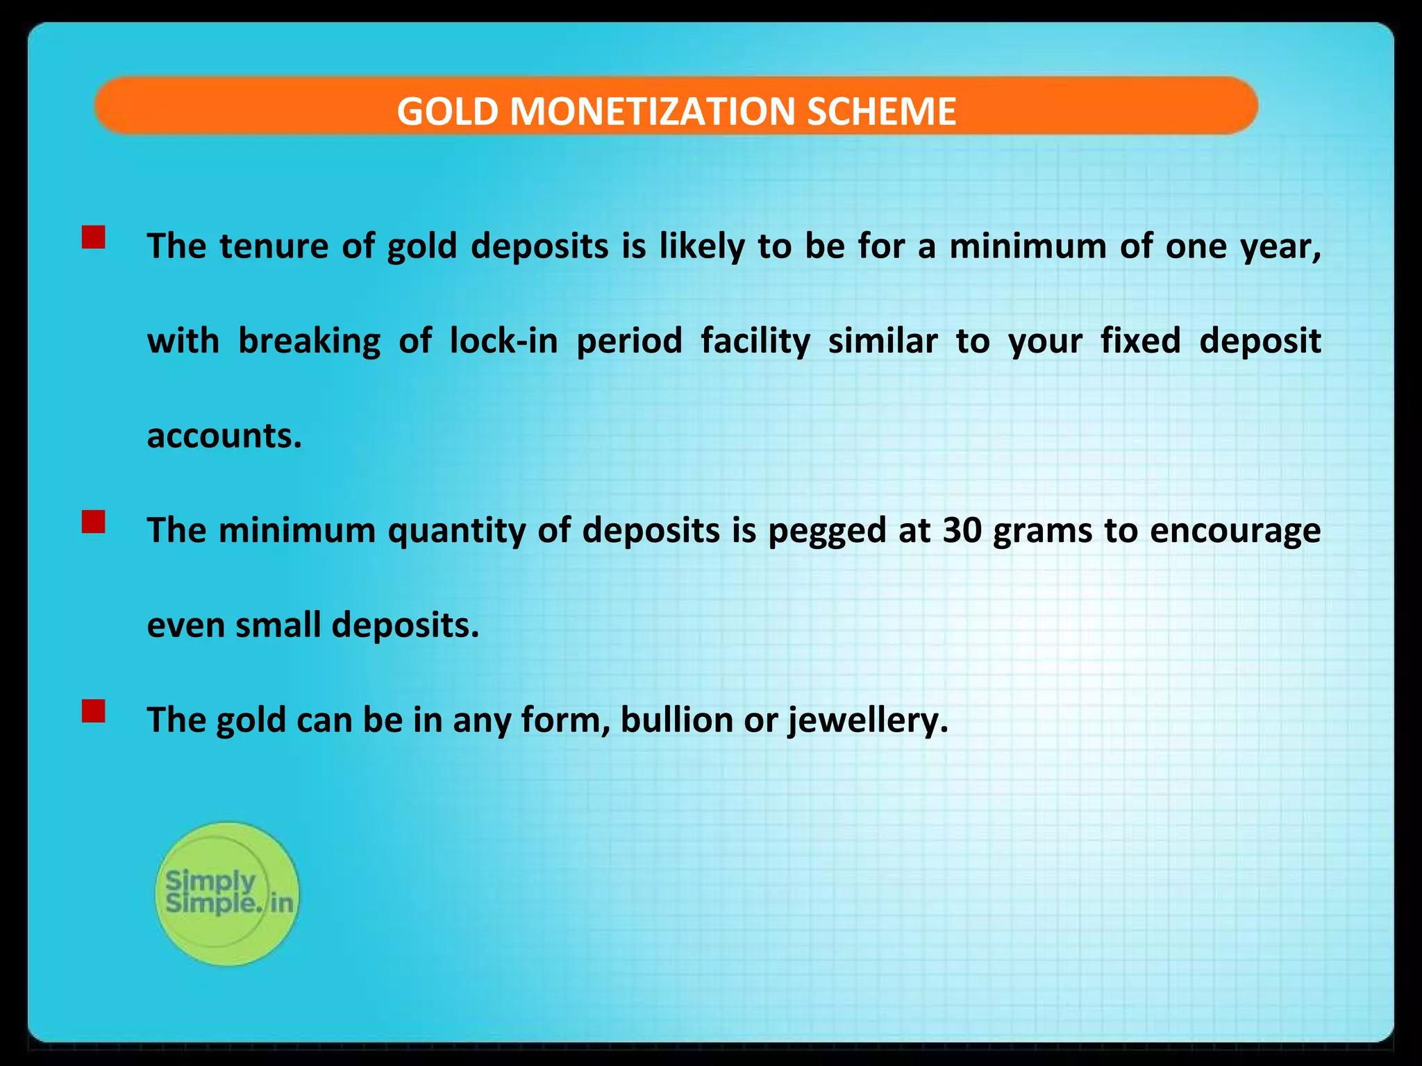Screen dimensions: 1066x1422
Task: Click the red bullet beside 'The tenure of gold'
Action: pyautogui.click(x=93, y=237)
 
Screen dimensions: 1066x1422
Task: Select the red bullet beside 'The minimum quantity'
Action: pyautogui.click(x=93, y=522)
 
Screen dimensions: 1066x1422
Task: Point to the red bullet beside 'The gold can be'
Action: pyautogui.click(x=93, y=711)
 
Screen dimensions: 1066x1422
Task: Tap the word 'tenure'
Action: pyautogui.click(x=274, y=246)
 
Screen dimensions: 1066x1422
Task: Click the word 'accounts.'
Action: pyautogui.click(x=224, y=436)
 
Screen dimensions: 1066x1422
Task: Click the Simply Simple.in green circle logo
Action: pyautogui.click(x=227, y=894)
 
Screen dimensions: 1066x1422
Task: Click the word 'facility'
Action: pyautogui.click(x=755, y=342)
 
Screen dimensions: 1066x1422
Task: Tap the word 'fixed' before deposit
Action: pyautogui.click(x=1140, y=341)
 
